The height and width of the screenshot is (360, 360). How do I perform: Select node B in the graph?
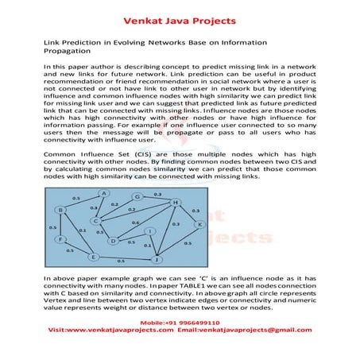coord(61,210)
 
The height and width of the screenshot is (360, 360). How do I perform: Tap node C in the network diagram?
coord(96,221)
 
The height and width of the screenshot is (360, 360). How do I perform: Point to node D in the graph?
coord(113,240)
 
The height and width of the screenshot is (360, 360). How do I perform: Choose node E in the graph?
coord(93,257)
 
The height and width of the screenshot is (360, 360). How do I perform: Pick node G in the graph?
coord(137,196)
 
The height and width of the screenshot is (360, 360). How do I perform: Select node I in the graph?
coord(150,231)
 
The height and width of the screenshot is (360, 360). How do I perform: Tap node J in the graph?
coord(157,259)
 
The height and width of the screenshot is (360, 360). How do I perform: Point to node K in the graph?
coord(199,225)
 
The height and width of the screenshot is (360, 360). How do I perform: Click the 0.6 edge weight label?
coord(136,223)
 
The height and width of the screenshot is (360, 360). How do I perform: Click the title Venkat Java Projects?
coord(180,13)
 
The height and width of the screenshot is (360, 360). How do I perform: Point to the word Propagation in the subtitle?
coord(72,49)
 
